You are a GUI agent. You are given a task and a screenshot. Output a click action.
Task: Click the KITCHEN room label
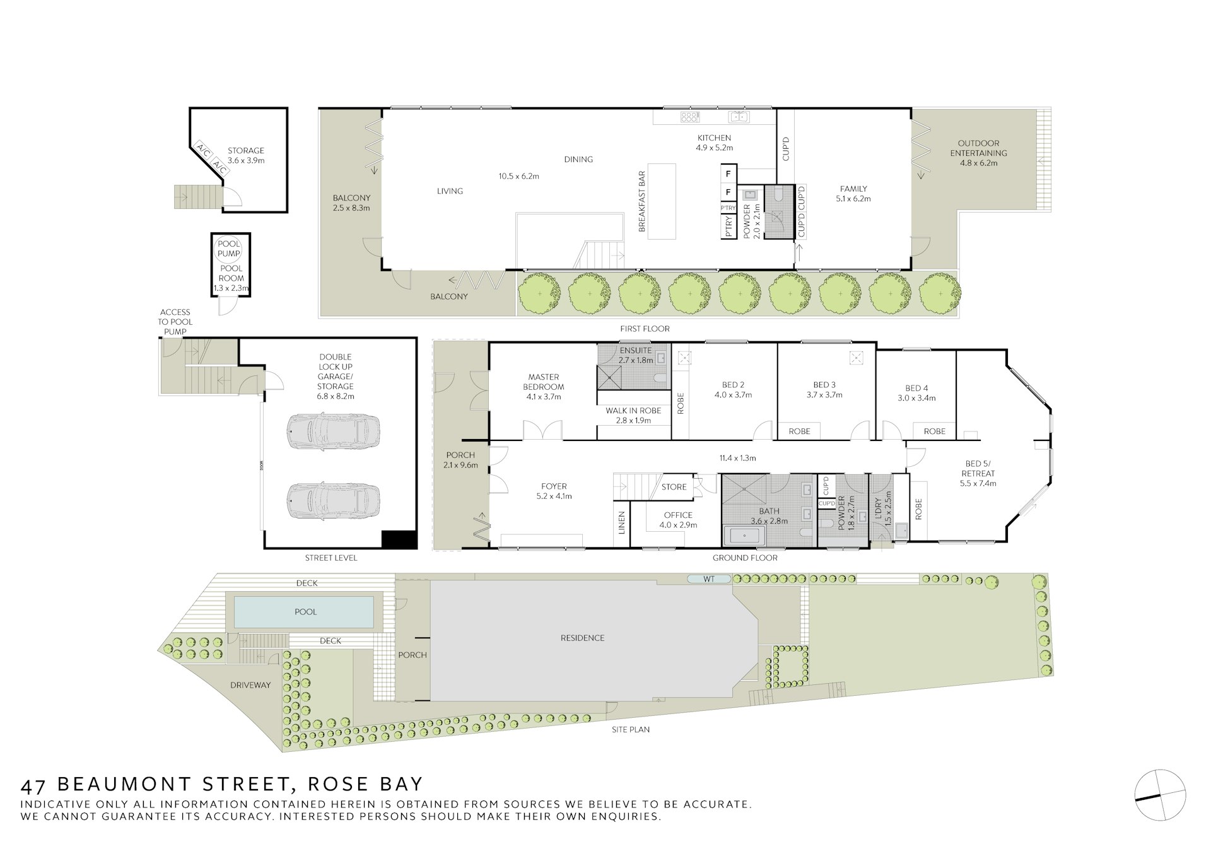click(714, 138)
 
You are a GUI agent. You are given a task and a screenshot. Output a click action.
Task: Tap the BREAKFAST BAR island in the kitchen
click(661, 202)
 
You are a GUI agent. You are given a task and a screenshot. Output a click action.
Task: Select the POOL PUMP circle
click(229, 249)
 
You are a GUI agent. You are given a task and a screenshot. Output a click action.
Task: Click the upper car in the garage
click(333, 431)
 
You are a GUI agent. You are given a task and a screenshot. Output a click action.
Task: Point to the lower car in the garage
click(333, 501)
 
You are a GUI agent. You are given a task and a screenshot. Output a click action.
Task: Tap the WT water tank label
click(709, 578)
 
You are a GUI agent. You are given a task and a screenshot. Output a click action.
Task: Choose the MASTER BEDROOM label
click(544, 382)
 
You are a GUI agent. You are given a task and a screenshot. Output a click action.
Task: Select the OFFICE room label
click(678, 515)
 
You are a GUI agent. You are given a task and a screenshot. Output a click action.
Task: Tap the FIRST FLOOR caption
click(645, 329)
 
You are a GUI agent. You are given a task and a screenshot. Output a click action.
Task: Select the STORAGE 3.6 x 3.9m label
click(246, 155)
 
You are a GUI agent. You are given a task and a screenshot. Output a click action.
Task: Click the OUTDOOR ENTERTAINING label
click(978, 148)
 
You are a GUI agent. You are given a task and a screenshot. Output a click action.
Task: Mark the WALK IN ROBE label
click(633, 411)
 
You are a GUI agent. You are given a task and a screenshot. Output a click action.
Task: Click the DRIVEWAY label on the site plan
click(250, 685)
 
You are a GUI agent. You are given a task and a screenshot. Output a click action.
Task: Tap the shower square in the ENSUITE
click(610, 378)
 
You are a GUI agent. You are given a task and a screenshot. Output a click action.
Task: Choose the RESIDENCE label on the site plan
click(583, 638)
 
